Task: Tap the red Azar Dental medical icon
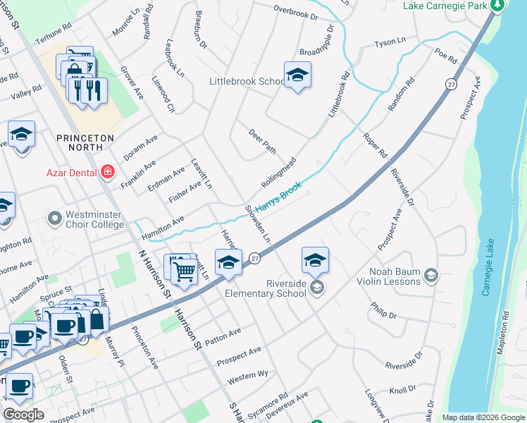pyautogui.click(x=107, y=171)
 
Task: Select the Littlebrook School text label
pyautogui.click(x=247, y=81)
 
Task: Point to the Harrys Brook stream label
pyautogui.click(x=278, y=198)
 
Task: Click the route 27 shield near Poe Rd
pyautogui.click(x=450, y=83)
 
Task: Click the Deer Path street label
pyautogui.click(x=261, y=141)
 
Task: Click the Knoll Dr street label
pyautogui.click(x=402, y=390)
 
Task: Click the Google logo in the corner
pyautogui.click(x=23, y=415)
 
